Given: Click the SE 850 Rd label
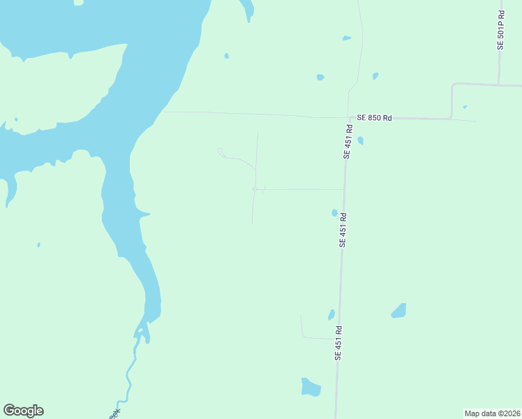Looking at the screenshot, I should point(374,118).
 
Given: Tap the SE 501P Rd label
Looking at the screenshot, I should point(500,31).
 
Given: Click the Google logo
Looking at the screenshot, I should point(23,411).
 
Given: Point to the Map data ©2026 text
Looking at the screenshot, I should point(492,413).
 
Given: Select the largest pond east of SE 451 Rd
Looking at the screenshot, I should point(398,310).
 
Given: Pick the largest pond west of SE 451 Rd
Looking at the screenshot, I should point(311,387).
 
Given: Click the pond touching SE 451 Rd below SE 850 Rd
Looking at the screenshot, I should point(360,140).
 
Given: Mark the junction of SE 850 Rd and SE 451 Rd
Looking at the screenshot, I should point(348,118).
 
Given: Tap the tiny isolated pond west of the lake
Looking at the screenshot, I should point(38,244).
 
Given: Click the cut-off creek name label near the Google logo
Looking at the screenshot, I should point(114,413).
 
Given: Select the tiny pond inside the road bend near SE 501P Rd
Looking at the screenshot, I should point(465,107).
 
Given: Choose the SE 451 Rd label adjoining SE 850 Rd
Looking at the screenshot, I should point(346,142).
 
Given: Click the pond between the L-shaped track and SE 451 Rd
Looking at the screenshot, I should point(331,315).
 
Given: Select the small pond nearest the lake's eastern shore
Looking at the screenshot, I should point(226,56).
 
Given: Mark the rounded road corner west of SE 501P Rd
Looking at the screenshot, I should point(454,86).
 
